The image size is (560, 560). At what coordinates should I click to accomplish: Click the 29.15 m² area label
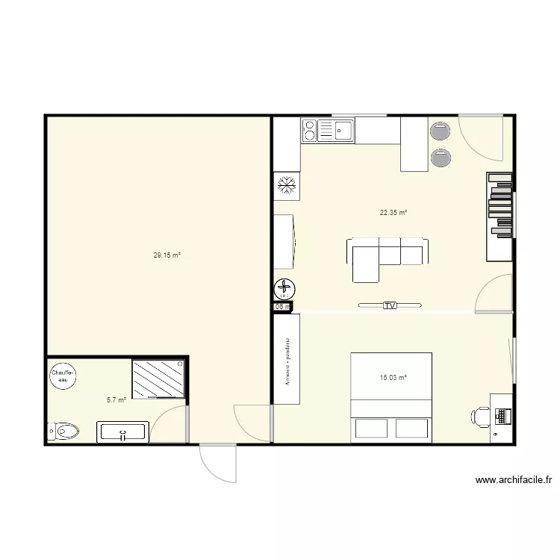coord(167,255)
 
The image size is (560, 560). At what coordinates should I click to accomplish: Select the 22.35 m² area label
coord(393,213)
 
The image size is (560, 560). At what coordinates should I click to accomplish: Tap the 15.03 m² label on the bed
coord(393,378)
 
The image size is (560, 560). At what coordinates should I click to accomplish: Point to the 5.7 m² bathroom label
coord(116,400)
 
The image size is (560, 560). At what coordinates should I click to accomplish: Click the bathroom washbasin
coord(122,432)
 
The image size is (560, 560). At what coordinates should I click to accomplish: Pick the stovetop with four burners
coord(309,131)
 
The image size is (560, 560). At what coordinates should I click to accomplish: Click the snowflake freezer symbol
coord(287,186)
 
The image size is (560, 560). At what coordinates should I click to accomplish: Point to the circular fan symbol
coord(285,288)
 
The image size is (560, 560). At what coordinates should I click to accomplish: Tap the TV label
coord(389,305)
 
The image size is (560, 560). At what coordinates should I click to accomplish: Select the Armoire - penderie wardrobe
coord(287,359)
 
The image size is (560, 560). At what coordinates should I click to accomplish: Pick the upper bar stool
coord(441,132)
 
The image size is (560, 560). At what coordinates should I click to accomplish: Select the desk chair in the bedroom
coord(481,416)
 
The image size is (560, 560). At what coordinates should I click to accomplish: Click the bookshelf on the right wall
coord(500,217)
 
